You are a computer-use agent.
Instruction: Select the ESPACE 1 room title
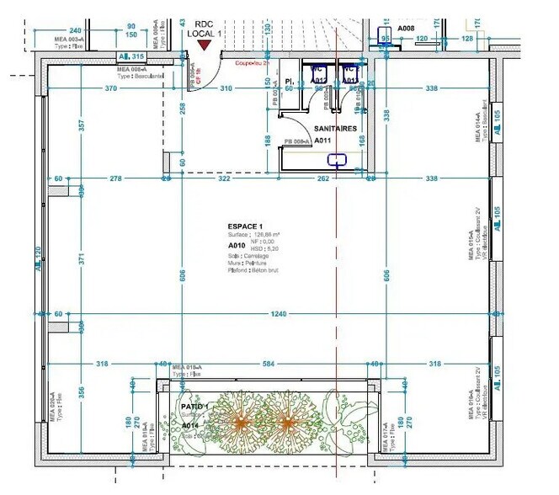(x=245, y=227)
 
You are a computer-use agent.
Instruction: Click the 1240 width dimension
(x=278, y=314)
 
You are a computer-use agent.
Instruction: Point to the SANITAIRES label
(x=335, y=129)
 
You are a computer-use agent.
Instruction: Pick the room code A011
(x=323, y=141)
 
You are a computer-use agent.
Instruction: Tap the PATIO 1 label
(x=195, y=407)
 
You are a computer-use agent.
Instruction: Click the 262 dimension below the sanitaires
(x=322, y=178)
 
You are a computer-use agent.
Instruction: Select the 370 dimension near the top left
(x=110, y=88)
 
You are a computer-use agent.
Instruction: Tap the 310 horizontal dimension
(x=226, y=88)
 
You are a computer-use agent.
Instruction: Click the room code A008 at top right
(x=406, y=28)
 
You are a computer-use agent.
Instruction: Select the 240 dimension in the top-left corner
(x=75, y=28)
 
